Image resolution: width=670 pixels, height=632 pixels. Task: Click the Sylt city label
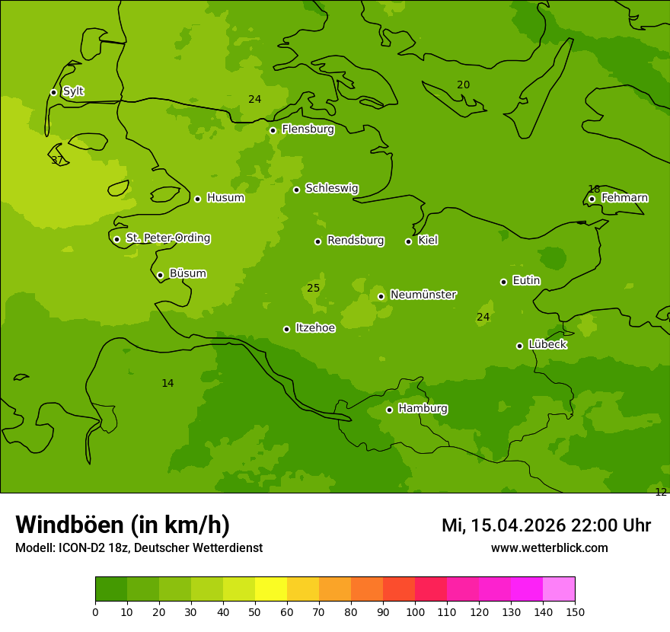73,91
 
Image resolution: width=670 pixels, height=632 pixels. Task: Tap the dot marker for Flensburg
273,130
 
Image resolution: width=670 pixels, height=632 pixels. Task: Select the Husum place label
225,198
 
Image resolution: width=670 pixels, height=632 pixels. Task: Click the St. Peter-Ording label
167,238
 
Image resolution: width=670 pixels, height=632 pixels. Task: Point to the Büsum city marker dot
160,275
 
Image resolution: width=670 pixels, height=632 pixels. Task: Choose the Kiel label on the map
428,241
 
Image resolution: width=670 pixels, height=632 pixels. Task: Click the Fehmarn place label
624,198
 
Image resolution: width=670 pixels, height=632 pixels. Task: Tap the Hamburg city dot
389,410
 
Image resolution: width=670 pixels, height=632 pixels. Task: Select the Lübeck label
547,345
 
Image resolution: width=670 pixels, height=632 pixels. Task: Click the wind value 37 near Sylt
57,161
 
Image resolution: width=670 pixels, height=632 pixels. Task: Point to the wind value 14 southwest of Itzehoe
167,384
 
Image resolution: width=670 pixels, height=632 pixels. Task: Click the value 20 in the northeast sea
463,85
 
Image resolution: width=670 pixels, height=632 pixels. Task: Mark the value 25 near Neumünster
313,289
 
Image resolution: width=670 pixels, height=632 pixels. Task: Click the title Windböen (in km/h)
123,525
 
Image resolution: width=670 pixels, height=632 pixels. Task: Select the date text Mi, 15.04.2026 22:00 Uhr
546,525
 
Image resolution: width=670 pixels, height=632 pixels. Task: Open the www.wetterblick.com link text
549,548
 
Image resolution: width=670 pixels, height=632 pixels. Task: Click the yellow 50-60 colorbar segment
271,589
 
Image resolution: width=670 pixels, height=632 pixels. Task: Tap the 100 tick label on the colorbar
415,611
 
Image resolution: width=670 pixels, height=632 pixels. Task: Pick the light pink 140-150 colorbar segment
559,589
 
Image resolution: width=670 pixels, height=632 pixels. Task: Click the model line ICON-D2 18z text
139,548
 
